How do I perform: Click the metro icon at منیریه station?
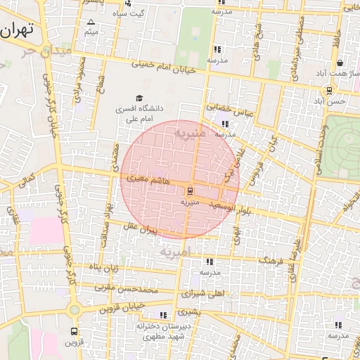[190, 190]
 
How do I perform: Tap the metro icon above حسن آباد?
[329, 91]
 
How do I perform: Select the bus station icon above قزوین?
[75, 331]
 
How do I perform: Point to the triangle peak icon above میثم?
[90, 22]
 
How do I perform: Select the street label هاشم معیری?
[142, 180]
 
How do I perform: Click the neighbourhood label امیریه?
[175, 251]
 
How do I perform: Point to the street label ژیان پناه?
[104, 268]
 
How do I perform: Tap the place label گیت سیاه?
[131, 13]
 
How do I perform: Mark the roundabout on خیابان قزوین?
[74, 309]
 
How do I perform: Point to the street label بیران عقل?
[140, 228]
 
